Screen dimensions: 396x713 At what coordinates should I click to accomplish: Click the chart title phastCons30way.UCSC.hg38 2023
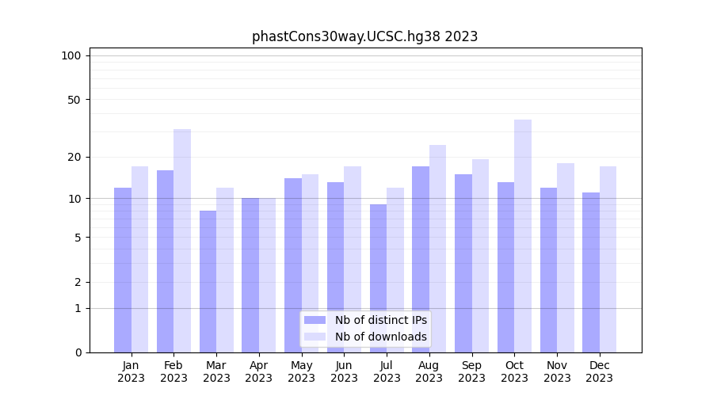pos(364,36)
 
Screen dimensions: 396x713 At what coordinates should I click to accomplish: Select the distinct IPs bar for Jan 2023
pos(123,269)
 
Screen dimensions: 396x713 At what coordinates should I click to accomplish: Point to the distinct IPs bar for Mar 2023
pos(208,281)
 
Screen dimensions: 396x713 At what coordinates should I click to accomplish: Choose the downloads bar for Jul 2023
pos(395,269)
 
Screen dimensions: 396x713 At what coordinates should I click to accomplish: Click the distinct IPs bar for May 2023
pos(293,265)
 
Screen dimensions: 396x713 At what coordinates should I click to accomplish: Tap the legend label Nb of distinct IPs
pos(380,320)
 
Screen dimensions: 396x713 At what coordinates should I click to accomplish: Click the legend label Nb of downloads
pos(380,337)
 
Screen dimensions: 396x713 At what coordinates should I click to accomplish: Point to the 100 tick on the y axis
pos(71,55)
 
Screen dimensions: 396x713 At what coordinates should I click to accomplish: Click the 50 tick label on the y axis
pos(74,100)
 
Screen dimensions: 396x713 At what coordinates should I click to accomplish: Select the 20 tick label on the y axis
pos(74,157)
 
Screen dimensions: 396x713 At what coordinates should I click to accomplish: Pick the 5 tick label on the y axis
pos(77,238)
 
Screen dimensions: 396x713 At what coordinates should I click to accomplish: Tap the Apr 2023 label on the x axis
pos(259,371)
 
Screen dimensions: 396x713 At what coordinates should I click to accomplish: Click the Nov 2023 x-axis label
pos(557,371)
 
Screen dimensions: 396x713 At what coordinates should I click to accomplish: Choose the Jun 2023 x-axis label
pos(344,371)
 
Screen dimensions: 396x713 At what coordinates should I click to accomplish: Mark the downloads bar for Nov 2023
pos(566,257)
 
